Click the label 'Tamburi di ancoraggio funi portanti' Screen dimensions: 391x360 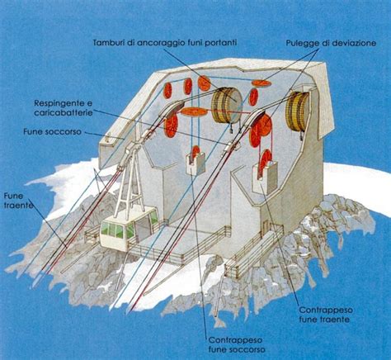coord(165,43)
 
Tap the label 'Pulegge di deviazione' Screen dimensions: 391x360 coord(331,43)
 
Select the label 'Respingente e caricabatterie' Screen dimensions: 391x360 coord(64,108)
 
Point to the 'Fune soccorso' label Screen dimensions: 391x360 coord(52,131)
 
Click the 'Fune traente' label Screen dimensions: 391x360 coord(17,201)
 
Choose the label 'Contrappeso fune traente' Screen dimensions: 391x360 coord(326,315)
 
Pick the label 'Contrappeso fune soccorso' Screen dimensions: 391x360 coord(237,344)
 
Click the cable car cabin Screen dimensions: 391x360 coord(129,229)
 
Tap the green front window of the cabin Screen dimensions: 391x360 coord(114,230)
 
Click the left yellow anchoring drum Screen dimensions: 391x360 coord(227,106)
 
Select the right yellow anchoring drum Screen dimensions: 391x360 coord(297,111)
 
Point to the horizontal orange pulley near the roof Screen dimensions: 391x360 coord(260,83)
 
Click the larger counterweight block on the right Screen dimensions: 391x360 coord(265,178)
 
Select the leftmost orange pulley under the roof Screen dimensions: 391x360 coord(167,90)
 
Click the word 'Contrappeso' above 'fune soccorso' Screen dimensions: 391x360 coord(235,340)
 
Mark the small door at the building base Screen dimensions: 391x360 coord(265,227)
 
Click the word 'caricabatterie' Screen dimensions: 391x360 coord(64,112)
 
